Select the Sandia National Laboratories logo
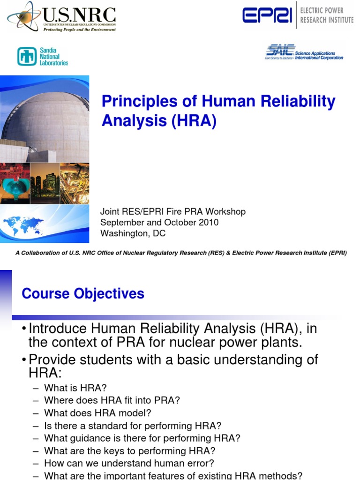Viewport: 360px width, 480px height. [43, 56]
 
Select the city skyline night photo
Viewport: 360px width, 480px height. [45, 183]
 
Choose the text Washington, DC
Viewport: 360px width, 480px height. [133, 233]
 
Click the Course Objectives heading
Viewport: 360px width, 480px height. [83, 294]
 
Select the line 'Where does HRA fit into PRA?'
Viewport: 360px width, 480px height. [112, 400]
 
